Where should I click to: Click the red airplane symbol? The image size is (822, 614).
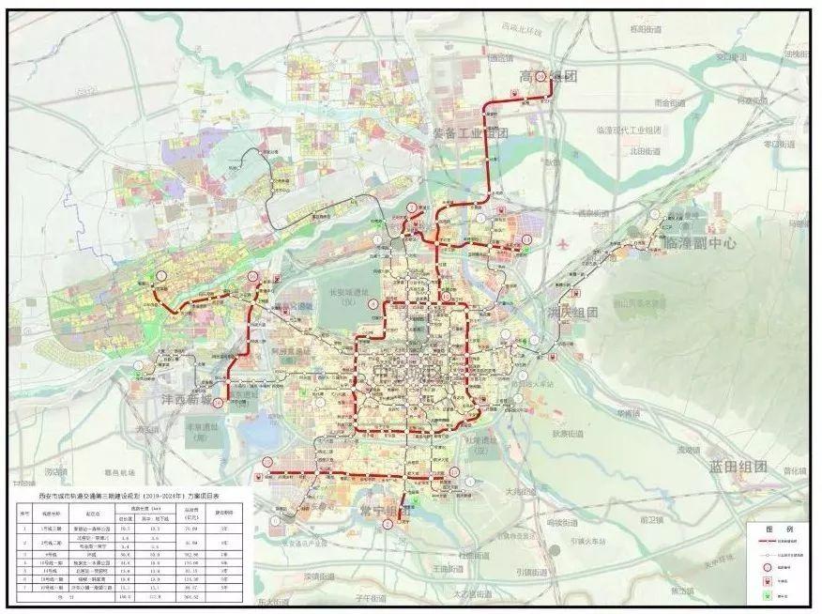pos(563,243)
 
